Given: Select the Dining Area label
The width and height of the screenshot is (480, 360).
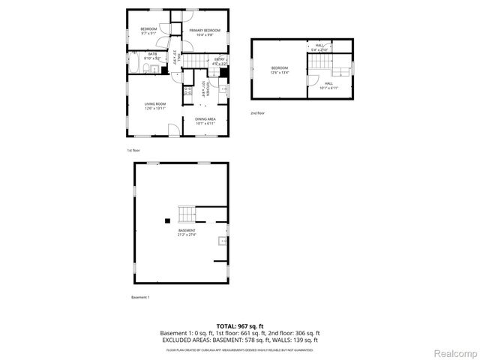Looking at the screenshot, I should pyautogui.click(x=205, y=121).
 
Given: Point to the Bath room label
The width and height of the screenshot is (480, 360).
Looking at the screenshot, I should pyautogui.click(x=152, y=56).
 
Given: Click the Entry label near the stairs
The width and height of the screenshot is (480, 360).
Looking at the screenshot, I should pyautogui.click(x=220, y=61).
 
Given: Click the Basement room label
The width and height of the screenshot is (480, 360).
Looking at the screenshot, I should pyautogui.click(x=187, y=232).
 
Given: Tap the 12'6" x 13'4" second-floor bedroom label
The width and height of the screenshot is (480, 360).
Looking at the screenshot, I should pyautogui.click(x=279, y=70).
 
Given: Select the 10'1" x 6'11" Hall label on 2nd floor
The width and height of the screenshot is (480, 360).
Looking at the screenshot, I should pyautogui.click(x=328, y=85).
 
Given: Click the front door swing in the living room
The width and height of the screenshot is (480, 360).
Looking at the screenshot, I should pyautogui.click(x=172, y=129).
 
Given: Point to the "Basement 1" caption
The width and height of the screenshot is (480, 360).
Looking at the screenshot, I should pyautogui.click(x=140, y=298).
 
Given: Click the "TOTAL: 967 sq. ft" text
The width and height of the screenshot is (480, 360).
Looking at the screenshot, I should pyautogui.click(x=239, y=325).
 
